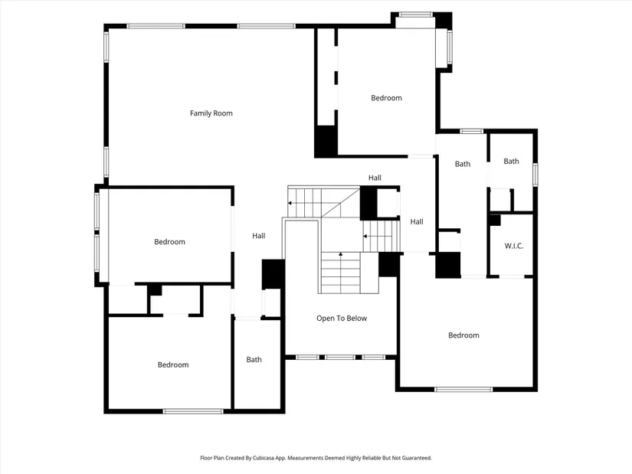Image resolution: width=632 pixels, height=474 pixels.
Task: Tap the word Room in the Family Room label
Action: [x=223, y=113]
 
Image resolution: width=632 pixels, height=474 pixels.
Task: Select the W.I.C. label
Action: [x=514, y=246]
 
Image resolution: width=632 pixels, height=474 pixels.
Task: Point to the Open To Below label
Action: [x=342, y=319]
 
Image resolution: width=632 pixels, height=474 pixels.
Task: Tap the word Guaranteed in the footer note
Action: [x=418, y=458]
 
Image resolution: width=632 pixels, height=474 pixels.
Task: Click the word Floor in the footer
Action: [x=206, y=458]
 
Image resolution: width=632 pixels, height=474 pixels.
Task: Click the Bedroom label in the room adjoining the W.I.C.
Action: [x=463, y=335]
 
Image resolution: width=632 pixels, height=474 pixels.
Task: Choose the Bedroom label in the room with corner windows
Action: [x=386, y=98]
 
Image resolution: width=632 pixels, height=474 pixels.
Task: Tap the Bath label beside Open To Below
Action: [x=254, y=360]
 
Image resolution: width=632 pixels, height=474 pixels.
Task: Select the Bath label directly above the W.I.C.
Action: [x=511, y=162]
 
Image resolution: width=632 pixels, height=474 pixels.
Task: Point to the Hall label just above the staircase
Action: [x=375, y=178]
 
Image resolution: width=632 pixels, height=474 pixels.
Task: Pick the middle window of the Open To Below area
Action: [x=340, y=357]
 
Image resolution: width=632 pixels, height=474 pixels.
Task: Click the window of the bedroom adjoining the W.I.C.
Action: [x=463, y=389]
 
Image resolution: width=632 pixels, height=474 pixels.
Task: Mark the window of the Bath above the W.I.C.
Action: [x=535, y=175]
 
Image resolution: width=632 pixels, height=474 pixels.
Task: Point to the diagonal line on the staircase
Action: [x=341, y=202]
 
